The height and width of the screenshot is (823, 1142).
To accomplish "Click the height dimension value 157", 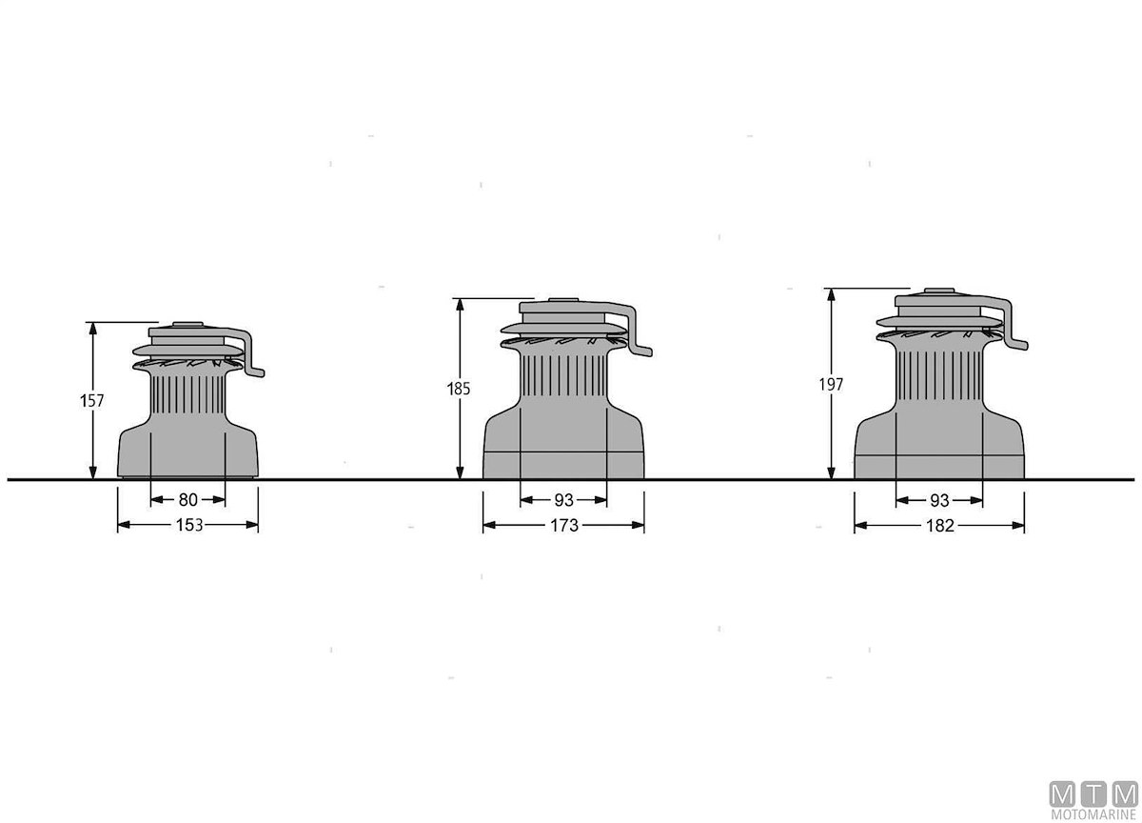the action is coord(91,400).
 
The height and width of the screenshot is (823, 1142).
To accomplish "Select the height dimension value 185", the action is coord(459,389).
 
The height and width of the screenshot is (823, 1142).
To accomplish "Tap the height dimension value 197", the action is coord(831,384).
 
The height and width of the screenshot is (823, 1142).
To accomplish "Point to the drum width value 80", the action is coord(188,499).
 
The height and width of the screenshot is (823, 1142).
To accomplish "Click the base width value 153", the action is coord(189,525).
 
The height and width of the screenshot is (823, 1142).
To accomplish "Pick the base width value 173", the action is coord(564,525).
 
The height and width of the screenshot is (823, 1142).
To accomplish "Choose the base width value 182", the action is coord(940,526).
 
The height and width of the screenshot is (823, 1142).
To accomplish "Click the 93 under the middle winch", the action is coord(563,500).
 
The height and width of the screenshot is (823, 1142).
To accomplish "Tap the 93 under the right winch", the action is coord(939,500).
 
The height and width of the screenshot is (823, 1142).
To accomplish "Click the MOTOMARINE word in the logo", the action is coord(1093,814).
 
